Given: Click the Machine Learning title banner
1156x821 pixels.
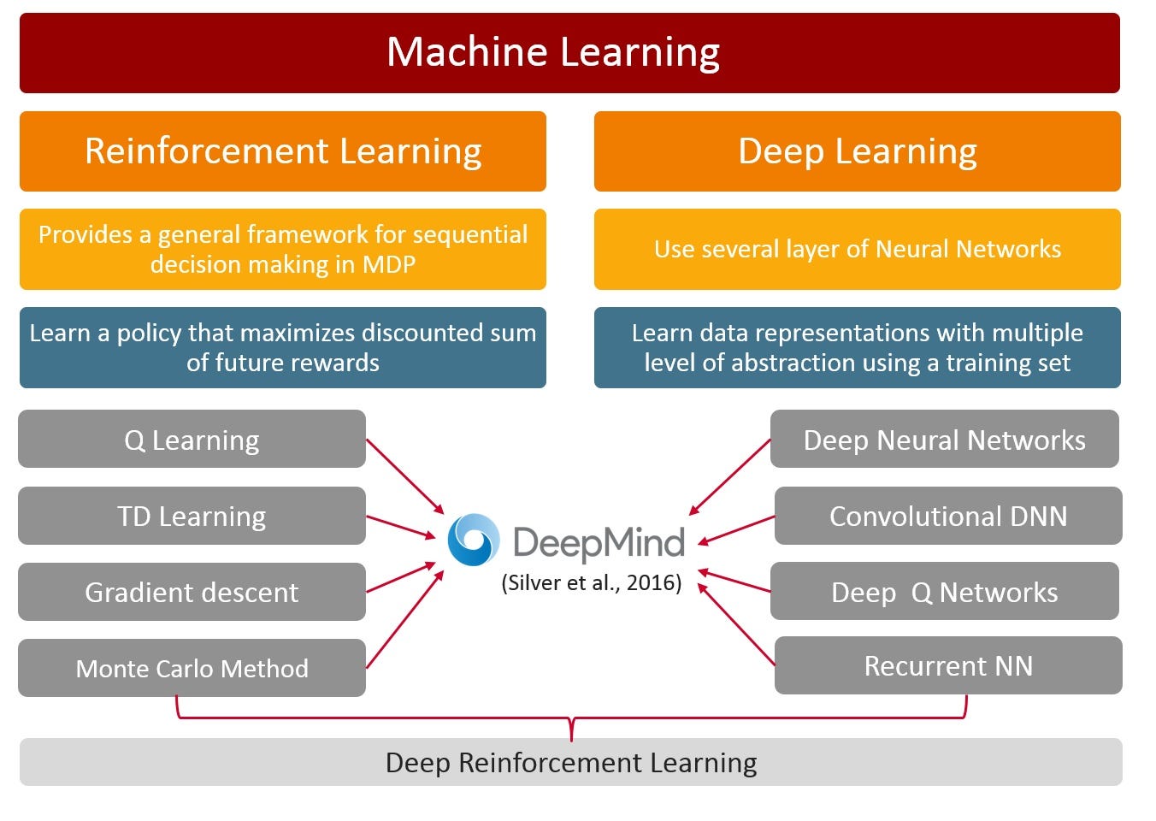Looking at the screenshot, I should point(569,53).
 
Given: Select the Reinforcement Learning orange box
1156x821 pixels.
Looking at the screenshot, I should point(283,151).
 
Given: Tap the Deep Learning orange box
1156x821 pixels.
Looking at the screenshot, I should point(857,151).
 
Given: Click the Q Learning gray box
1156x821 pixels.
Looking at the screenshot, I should point(192,440).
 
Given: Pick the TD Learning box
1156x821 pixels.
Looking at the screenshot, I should point(192,517).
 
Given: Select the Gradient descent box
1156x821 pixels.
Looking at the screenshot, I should point(192,592).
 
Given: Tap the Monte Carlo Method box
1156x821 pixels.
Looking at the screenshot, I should point(192,668).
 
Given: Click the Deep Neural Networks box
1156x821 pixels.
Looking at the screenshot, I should point(944,440).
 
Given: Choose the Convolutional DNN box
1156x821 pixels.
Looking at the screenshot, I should point(947,517).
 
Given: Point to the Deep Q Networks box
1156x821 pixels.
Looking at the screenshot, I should point(944,592).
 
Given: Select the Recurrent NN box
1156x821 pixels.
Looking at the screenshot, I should point(947,665).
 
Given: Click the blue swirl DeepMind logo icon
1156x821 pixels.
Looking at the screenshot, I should point(474,540).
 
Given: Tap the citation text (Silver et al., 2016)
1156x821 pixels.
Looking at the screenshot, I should point(591,583).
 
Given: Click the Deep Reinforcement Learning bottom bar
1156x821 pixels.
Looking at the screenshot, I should point(570,762).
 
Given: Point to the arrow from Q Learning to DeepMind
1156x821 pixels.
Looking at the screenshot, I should point(405,476).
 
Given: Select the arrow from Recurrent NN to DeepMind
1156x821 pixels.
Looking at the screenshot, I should point(737,624).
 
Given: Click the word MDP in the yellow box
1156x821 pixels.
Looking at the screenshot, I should point(389,264).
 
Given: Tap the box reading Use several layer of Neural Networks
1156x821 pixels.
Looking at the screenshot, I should point(857,249).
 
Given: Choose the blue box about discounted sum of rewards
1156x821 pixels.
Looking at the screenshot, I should point(283,347).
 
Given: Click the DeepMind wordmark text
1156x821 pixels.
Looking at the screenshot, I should point(599,542).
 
